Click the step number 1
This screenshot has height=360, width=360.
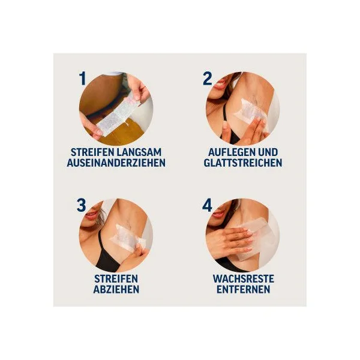82,78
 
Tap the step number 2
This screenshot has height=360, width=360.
207,78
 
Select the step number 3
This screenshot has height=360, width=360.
81,205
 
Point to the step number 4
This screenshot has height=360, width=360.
207,205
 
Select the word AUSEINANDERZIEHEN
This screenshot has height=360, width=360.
116,163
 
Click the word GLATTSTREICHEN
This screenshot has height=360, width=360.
243,163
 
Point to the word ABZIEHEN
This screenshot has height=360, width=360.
116,289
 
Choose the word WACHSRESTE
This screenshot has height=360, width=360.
244,279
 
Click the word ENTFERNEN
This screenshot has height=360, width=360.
244,289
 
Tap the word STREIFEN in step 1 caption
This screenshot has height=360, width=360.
92,152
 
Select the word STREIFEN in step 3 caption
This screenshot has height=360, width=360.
116,279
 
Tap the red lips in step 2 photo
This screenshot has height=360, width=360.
220,84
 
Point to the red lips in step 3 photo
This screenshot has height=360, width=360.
91,215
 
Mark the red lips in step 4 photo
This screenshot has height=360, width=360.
218,214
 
